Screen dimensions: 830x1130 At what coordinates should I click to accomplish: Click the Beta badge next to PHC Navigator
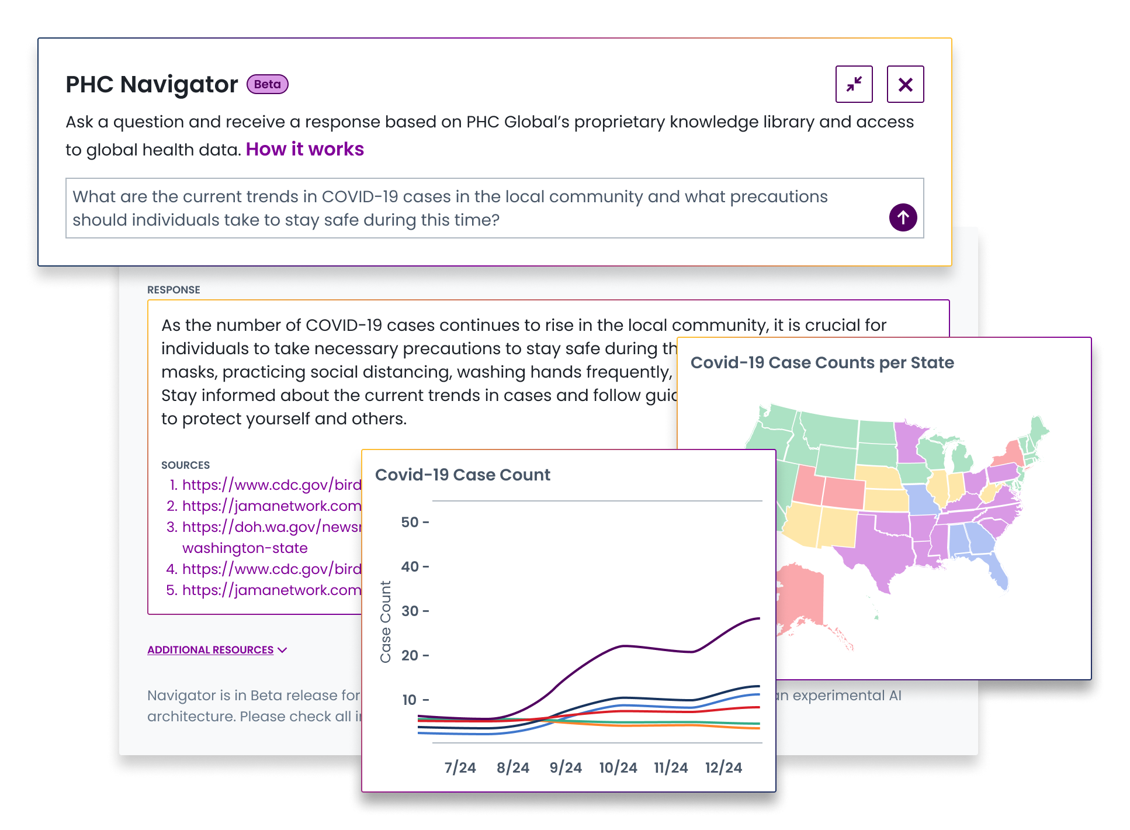coord(267,84)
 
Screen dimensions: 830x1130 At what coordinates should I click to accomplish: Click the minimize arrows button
coord(854,84)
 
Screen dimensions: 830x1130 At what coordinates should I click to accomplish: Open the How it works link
coord(304,149)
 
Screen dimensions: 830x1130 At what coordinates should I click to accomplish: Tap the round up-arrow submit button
coord(903,217)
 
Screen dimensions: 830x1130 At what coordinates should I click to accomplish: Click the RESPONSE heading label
coord(174,290)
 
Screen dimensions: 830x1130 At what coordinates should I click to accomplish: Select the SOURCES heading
coord(185,465)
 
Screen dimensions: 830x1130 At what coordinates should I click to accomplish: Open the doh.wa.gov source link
coord(272,527)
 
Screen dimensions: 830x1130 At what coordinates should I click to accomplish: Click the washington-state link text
coord(245,548)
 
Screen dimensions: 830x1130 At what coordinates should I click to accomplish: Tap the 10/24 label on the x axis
coord(618,767)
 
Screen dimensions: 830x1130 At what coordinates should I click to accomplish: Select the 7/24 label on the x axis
coord(460,767)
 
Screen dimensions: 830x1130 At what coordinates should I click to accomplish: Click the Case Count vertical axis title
coord(386,622)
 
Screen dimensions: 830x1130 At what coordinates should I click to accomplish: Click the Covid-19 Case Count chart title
coord(462,475)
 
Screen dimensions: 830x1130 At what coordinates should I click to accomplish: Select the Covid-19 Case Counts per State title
coord(821,362)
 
